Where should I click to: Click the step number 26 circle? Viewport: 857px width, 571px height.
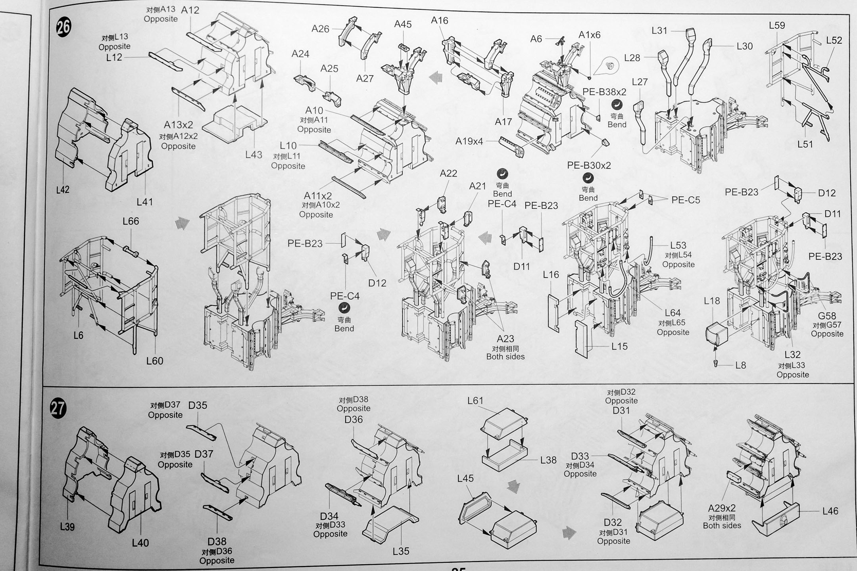(63, 27)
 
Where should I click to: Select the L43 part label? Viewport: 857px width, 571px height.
(254, 155)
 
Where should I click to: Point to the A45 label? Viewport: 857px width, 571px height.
(403, 24)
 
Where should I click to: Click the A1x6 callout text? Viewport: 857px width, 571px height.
(589, 35)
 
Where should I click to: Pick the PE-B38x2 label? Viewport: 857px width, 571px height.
(604, 92)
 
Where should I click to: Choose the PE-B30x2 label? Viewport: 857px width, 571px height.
(589, 165)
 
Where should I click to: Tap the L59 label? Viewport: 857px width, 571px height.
(776, 25)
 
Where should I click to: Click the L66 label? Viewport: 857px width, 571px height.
(131, 221)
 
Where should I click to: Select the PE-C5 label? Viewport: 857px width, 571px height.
(686, 200)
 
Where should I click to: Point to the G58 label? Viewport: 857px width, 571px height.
(827, 316)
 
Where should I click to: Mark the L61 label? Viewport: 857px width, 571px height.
(475, 401)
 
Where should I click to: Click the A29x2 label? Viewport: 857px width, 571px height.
(722, 508)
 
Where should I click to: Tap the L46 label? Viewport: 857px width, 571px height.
(830, 511)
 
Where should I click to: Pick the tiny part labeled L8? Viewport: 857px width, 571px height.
(716, 363)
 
